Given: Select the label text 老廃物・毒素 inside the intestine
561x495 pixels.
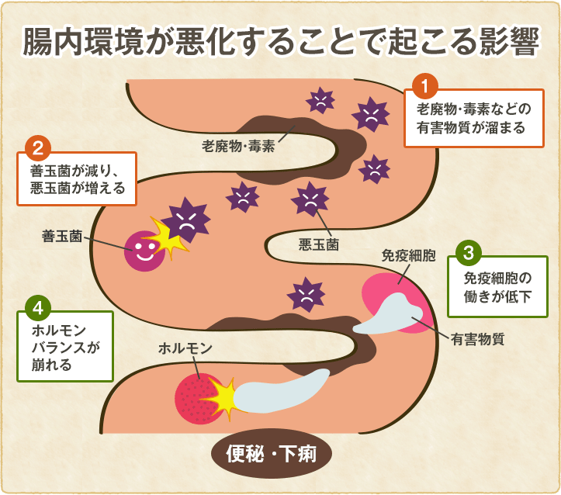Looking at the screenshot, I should pos(237,146).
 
